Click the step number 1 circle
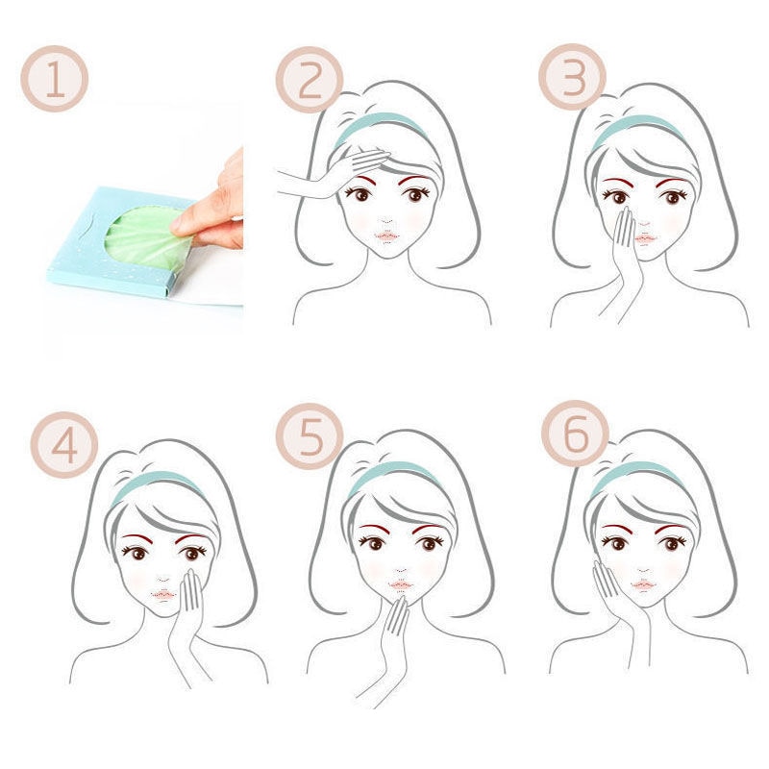pos(55,79)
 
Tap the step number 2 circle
pos(310,80)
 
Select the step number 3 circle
pos(572,77)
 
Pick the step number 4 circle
pos(64,445)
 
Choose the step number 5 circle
pos(310,436)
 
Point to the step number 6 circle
pos(575,434)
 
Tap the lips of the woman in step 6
pos(643,584)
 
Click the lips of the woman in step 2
pos(387,236)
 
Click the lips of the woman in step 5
pos(401,585)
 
